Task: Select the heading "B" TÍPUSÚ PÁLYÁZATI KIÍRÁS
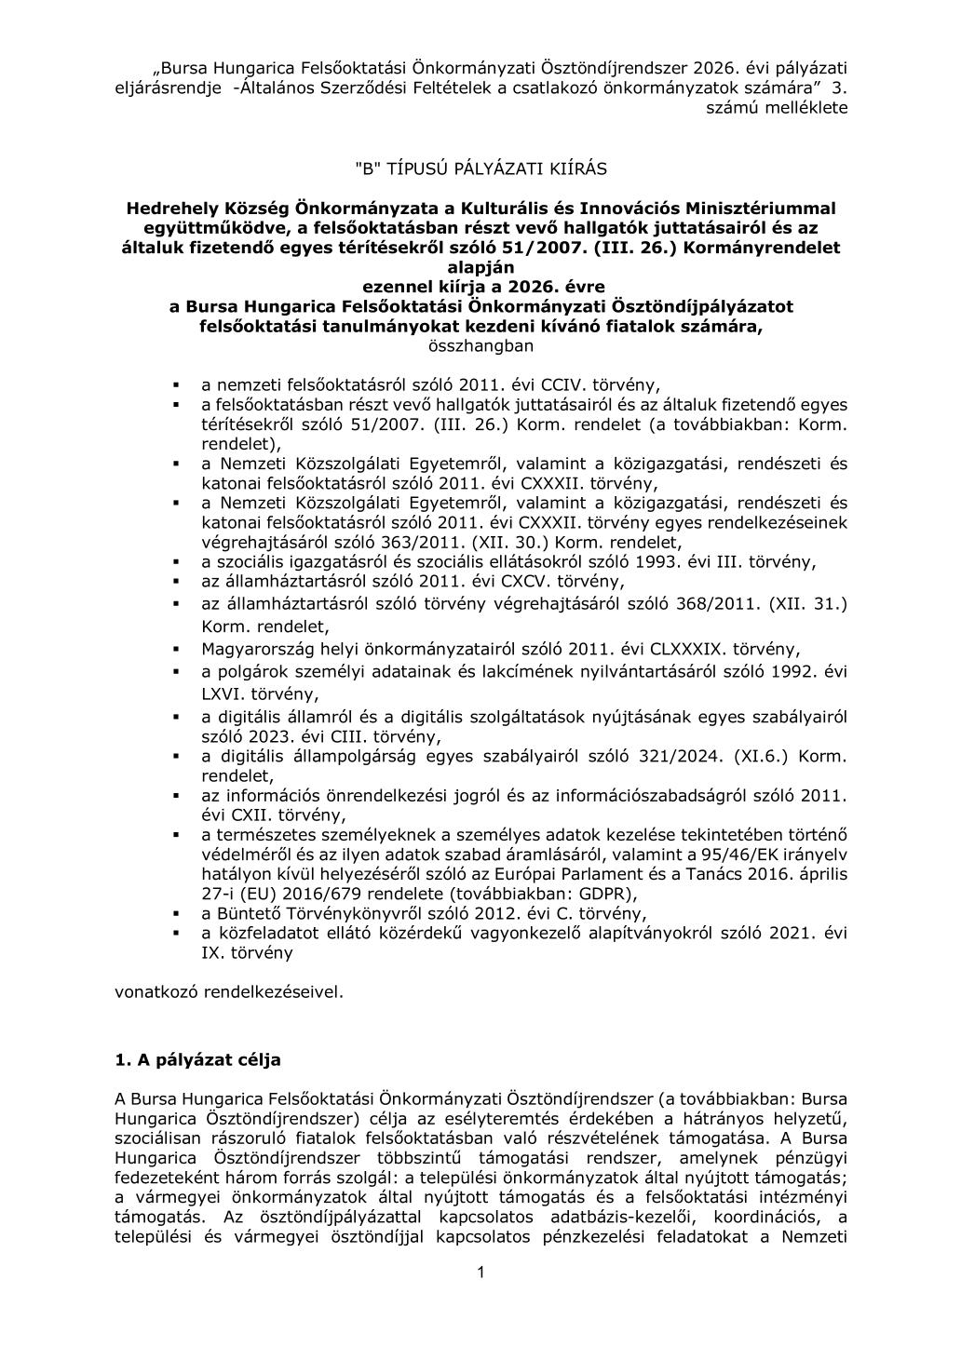tap(480, 168)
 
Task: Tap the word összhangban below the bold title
tap(480, 346)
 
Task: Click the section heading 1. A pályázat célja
tap(197, 1059)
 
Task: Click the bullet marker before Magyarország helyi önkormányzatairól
tap(175, 648)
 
